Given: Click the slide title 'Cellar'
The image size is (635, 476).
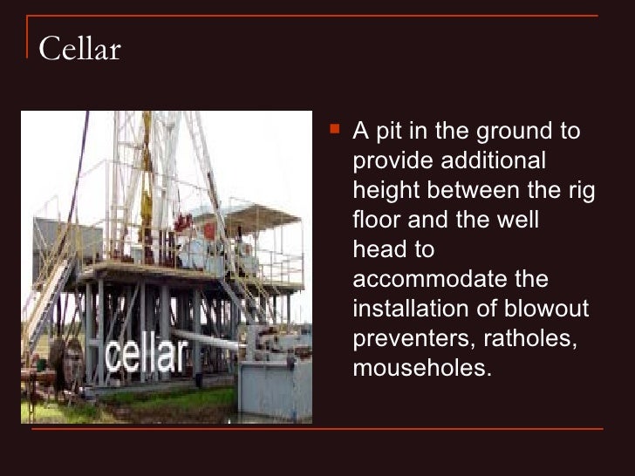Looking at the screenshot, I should coord(79,50).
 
